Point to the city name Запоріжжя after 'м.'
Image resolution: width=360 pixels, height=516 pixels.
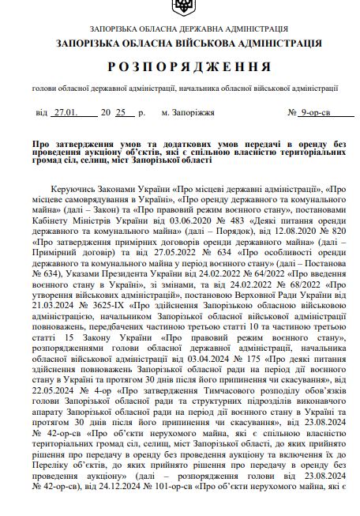click(193, 114)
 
